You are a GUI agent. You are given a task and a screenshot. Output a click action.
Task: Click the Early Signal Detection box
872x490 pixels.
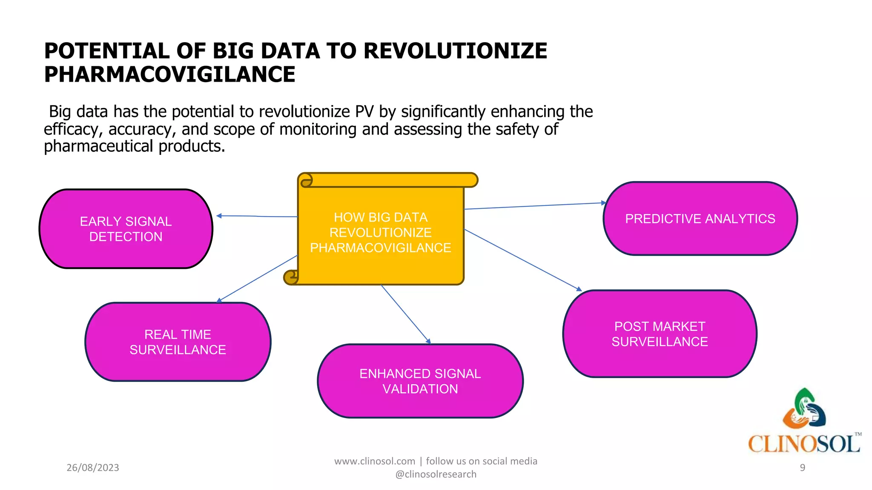pos(126,229)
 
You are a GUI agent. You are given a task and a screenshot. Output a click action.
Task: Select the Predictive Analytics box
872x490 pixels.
pos(700,219)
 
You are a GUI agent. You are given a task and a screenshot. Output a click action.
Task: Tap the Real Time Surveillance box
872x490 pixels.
pos(178,342)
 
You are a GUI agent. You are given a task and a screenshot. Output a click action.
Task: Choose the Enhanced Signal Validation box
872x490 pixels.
pos(420,381)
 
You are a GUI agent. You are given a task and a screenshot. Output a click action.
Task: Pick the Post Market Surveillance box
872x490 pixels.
pos(660,334)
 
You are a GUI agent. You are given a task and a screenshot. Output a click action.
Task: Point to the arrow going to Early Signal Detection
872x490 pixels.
pos(257,216)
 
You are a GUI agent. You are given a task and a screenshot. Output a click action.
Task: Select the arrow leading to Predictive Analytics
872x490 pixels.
pos(534,206)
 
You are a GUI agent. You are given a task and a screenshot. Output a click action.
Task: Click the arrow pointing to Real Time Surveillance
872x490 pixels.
pos(258,278)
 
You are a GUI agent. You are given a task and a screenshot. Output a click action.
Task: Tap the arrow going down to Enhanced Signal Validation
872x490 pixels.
pos(405,314)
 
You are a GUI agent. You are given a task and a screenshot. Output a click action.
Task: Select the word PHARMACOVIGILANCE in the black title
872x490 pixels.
pos(169,74)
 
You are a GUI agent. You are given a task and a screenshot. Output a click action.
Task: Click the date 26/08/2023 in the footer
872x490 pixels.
pos(93,467)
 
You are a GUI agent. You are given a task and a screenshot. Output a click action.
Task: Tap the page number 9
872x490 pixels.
pos(802,467)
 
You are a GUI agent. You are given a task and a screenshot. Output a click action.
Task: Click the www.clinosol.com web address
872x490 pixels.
pos(374,461)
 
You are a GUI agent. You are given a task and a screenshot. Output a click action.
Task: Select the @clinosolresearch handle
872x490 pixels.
pos(436,474)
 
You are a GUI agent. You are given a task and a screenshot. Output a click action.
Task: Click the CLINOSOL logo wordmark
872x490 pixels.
pos(804,444)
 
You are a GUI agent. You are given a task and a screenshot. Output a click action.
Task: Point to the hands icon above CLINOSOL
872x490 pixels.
pos(804,408)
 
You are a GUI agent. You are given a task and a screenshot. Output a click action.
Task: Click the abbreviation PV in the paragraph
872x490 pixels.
pos(364,112)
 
